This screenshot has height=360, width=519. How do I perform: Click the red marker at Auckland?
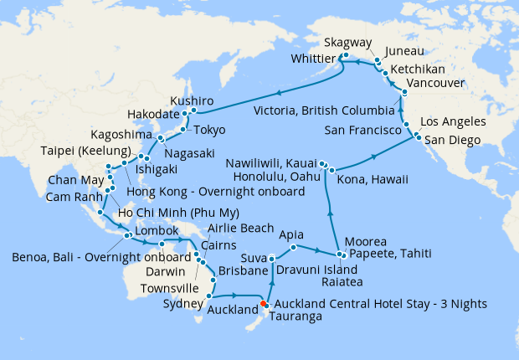(x=264, y=304)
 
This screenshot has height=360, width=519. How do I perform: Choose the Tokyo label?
(x=209, y=130)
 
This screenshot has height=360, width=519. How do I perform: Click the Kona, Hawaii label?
(x=372, y=179)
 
